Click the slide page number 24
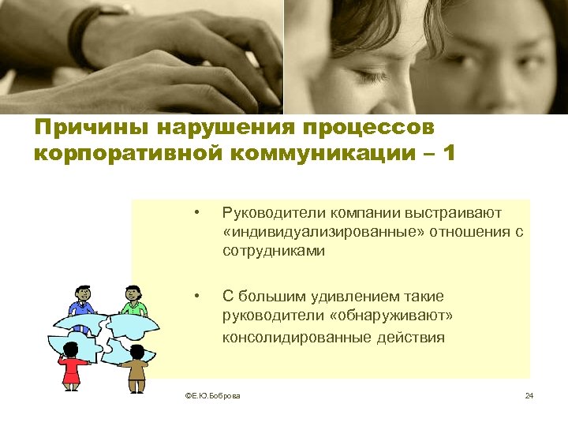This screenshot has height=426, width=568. (529, 395)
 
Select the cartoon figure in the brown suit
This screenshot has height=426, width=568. (136, 367)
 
